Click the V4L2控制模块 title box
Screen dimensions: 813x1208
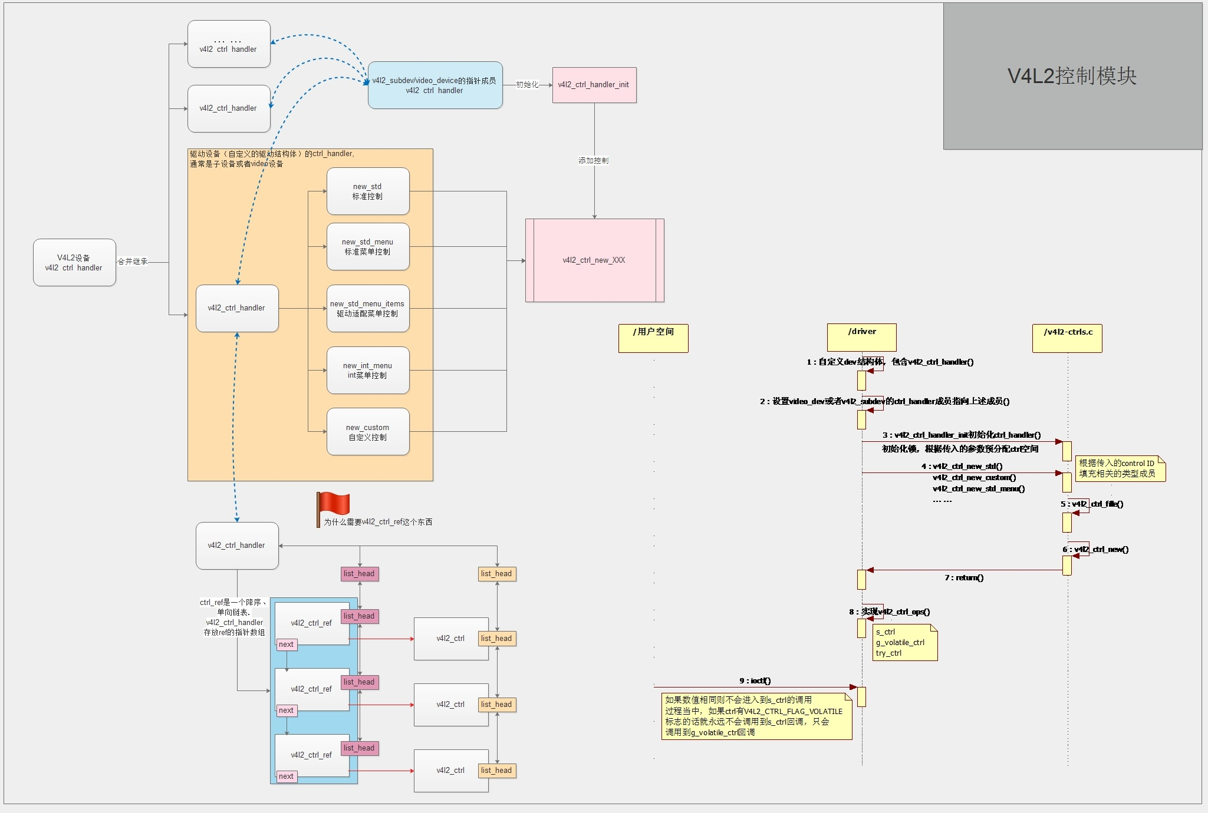pos(1072,76)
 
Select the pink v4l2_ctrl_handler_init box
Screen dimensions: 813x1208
pos(594,85)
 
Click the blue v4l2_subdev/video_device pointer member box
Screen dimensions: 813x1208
pos(435,85)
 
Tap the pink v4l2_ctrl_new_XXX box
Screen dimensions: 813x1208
pos(594,260)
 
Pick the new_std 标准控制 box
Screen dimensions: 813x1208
pos(368,191)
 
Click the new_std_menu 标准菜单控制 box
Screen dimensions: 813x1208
pos(368,247)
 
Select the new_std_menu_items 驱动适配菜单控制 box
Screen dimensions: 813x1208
pos(368,309)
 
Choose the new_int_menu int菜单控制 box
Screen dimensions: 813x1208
pos(368,371)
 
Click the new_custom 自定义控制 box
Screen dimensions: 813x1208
pos(368,432)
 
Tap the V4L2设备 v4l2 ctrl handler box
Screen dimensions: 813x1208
pos(74,263)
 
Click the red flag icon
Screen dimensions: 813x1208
pos(334,505)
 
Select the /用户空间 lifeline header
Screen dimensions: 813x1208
pos(653,338)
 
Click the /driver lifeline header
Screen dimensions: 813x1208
pos(861,337)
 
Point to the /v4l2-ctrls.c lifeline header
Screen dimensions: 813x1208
pos(1067,338)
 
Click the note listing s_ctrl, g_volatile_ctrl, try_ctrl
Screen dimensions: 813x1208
pos(904,643)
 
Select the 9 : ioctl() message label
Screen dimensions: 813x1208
pos(755,680)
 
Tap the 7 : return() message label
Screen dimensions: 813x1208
pos(964,577)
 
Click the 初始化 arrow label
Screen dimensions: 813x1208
pos(527,85)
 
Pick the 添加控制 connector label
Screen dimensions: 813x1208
pos(593,160)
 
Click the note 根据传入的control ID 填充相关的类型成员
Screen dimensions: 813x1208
pos(1120,468)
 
